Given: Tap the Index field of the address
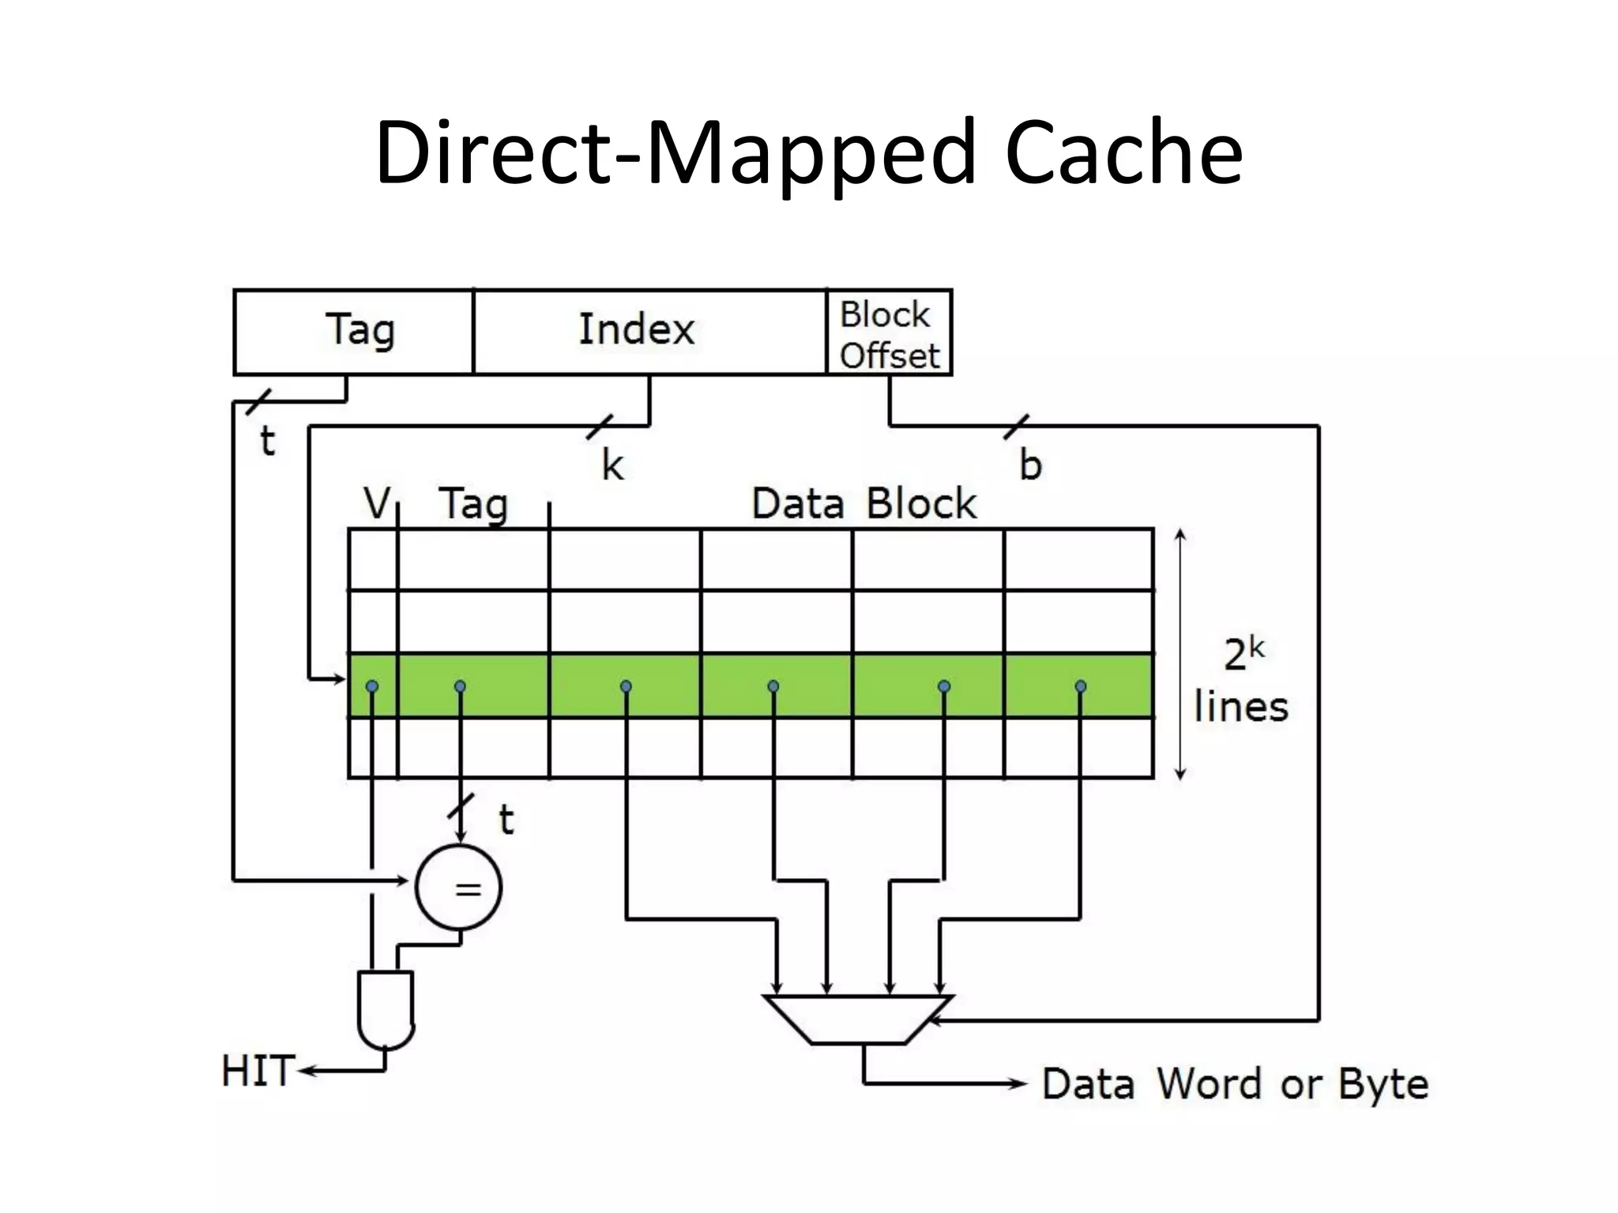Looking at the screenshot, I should (x=637, y=329).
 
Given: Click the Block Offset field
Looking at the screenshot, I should (x=889, y=334).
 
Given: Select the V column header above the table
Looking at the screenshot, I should (x=377, y=502).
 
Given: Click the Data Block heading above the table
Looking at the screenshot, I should (x=864, y=503).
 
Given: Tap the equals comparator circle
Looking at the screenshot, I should (x=459, y=887).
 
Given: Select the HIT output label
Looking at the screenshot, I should (x=258, y=1072).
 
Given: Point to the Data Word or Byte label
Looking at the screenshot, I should (x=1234, y=1083).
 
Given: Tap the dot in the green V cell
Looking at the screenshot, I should (x=372, y=685).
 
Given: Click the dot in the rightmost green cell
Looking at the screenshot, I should (x=1080, y=685).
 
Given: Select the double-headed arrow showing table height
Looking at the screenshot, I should (x=1180, y=654).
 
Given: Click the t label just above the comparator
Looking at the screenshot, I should (x=506, y=819).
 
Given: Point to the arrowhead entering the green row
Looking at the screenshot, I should (x=340, y=678).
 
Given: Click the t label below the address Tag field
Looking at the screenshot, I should (x=267, y=441).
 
